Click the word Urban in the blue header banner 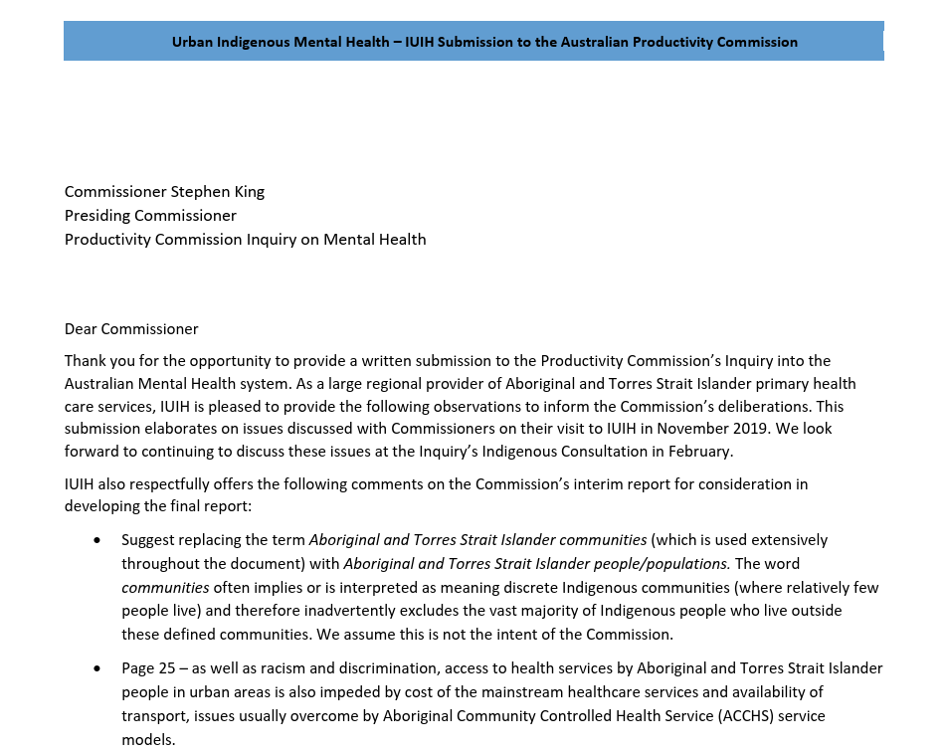193,42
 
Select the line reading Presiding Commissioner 150,216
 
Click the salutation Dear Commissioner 131,329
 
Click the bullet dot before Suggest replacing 96,540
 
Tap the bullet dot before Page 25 96,667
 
